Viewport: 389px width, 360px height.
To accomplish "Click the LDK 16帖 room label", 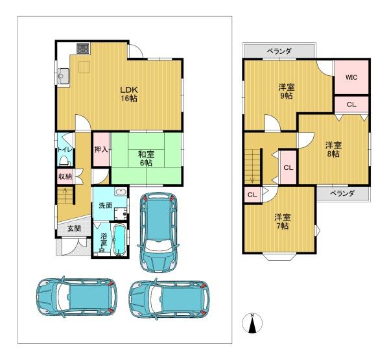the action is coord(129,94).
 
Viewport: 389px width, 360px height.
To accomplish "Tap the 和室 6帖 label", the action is coord(146,159).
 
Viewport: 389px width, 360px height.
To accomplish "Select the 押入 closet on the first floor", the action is coord(101,150).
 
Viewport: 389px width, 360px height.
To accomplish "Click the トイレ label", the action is coord(65,150).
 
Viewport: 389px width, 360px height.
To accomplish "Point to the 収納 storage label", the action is coord(65,176).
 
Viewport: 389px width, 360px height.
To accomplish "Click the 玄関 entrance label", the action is coord(74,229).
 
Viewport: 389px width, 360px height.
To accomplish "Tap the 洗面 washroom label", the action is coord(106,206).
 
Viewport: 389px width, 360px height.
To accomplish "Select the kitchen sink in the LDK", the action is coord(63,77).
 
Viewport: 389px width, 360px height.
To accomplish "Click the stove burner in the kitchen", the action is coord(82,48).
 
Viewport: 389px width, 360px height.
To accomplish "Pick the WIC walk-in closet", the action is coord(351,77).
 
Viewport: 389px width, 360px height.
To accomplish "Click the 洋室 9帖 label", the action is coord(287,91).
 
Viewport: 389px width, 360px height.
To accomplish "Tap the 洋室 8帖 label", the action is coord(333,150).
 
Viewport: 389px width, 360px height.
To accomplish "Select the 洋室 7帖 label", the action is coord(282,222).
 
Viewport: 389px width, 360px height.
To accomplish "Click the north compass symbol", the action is coord(252,323).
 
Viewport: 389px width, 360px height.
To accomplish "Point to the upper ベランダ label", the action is coord(279,51).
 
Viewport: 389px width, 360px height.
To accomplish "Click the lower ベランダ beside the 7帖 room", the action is coord(342,193).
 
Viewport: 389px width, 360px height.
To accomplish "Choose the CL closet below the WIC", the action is coord(351,104).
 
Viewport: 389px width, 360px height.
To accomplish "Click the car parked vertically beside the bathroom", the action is coord(158,232).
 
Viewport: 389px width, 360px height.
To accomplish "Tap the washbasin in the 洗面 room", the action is coord(121,192).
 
